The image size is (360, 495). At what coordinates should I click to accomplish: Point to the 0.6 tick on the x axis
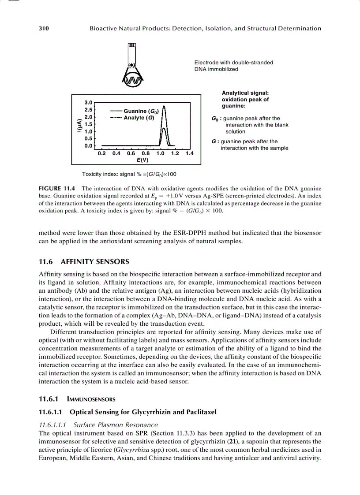pyautogui.click(x=131, y=154)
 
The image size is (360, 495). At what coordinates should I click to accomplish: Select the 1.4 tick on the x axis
pyautogui.click(x=190, y=154)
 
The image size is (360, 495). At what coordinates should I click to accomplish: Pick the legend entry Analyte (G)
pyautogui.click(x=139, y=118)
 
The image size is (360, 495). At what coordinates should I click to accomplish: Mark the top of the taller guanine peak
pyautogui.click(x=164, y=106)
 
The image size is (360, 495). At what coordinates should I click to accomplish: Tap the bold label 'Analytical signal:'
pyautogui.click(x=245, y=93)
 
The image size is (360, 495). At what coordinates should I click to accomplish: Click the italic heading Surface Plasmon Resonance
pyautogui.click(x=116, y=425)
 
